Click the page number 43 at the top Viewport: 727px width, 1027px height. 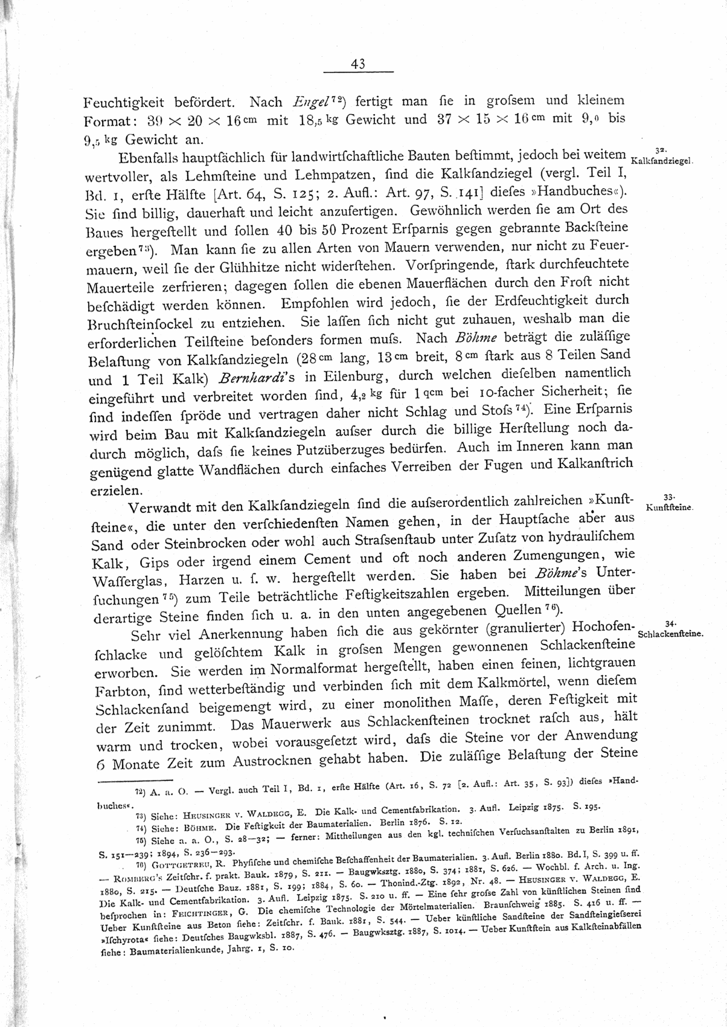tap(357, 65)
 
